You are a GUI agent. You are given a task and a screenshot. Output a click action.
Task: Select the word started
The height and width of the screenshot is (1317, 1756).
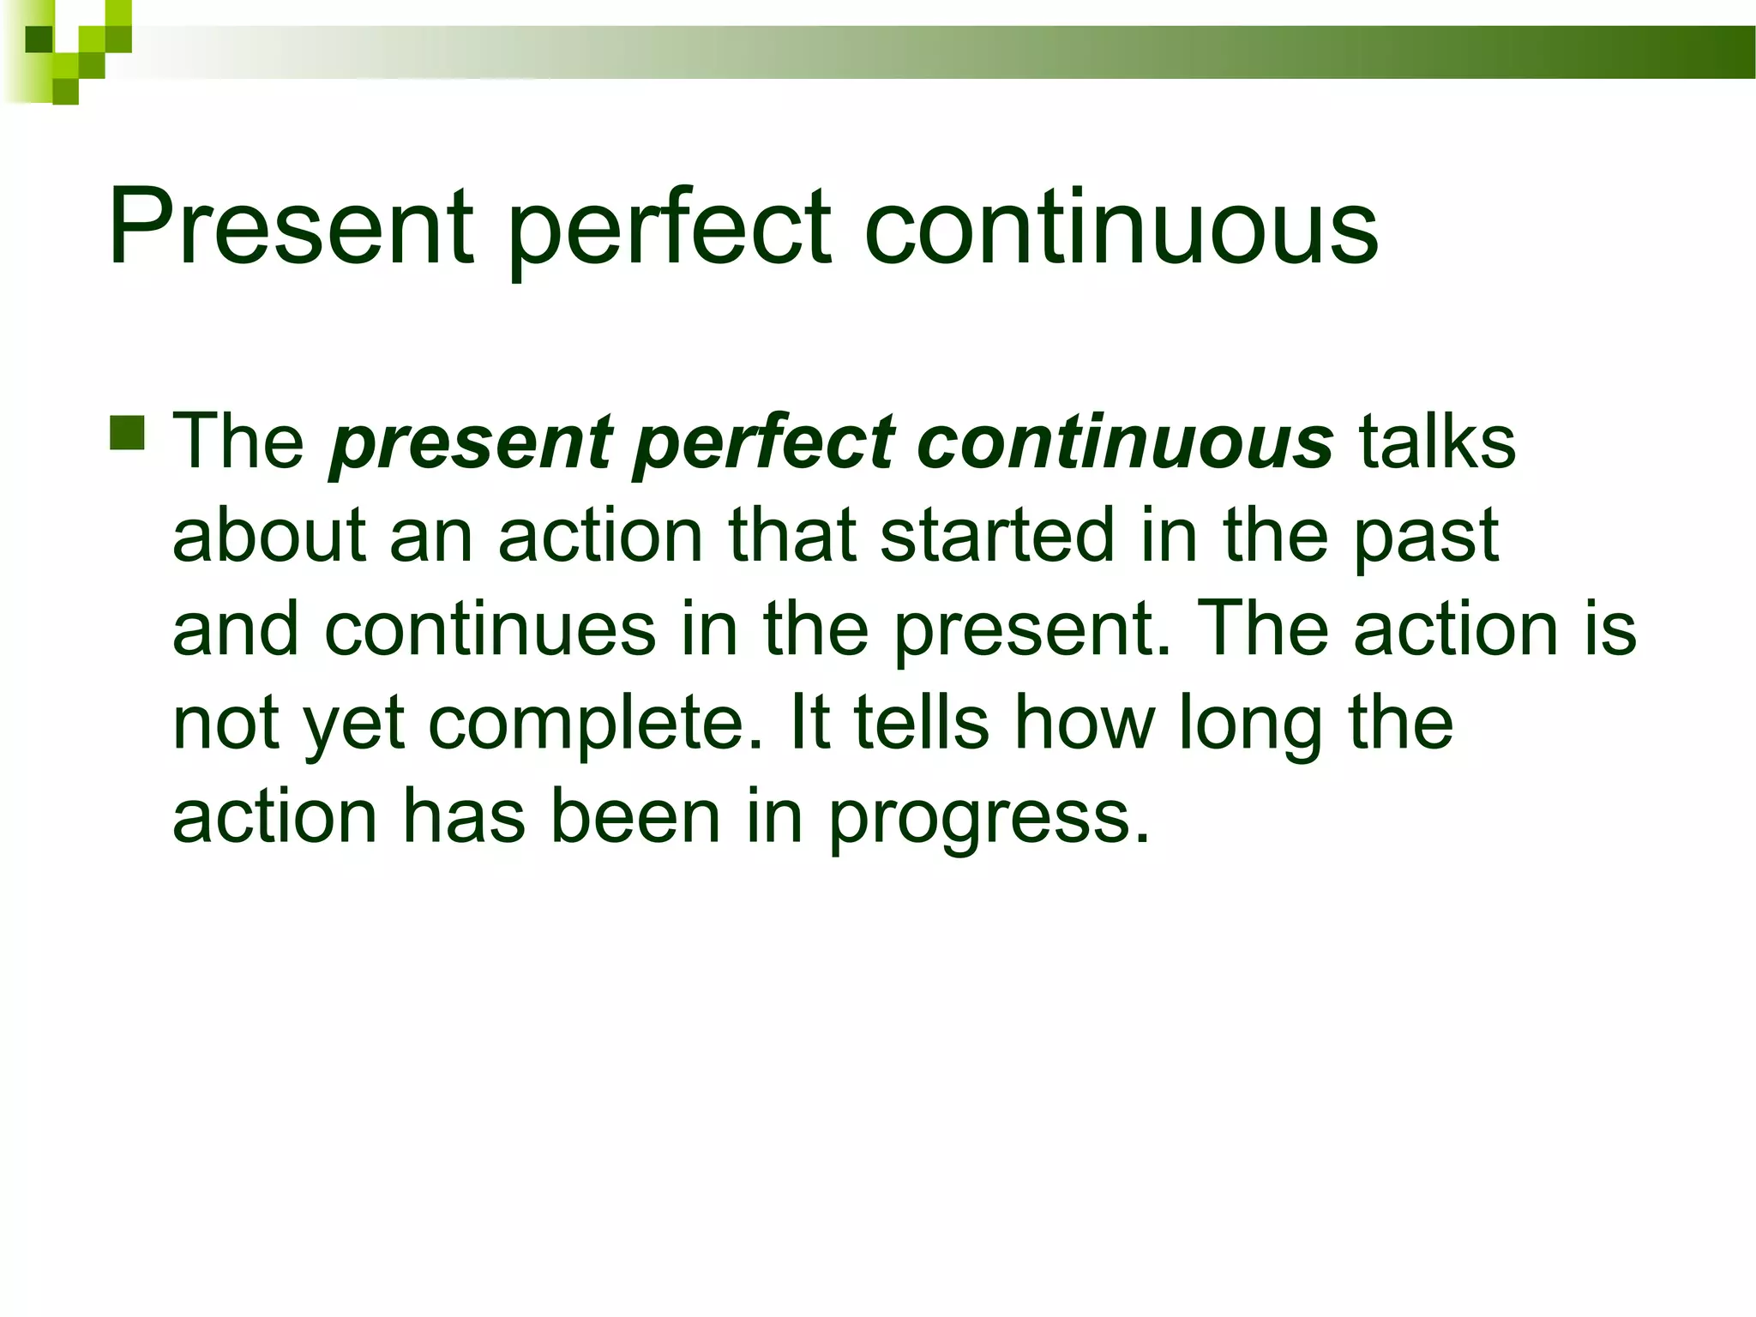[x=998, y=534]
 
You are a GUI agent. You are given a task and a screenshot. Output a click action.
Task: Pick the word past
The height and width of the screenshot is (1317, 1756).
[x=1427, y=538]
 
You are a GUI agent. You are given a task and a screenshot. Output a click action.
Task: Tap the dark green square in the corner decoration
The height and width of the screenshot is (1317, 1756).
[x=39, y=39]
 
